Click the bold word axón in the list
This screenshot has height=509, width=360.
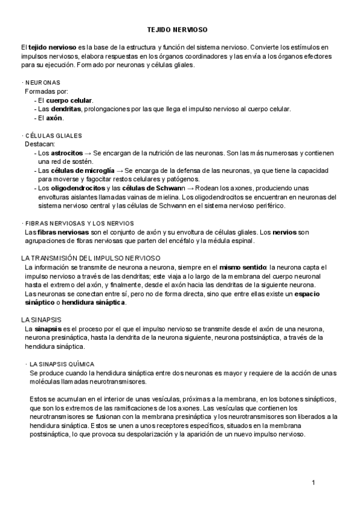coord(54,118)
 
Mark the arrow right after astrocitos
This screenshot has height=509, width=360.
coord(88,154)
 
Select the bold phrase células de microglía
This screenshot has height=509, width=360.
coord(84,171)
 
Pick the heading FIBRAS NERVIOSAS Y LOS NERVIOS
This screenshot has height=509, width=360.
coord(79,223)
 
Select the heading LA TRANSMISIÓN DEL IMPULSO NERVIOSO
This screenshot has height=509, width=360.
coord(90,258)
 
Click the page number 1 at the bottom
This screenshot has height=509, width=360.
coord(313,482)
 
